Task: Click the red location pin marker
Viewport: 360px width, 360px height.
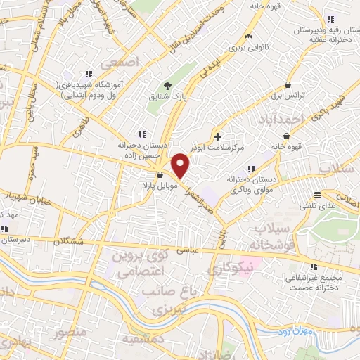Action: click(x=181, y=165)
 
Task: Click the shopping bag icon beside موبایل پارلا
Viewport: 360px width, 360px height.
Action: click(x=160, y=175)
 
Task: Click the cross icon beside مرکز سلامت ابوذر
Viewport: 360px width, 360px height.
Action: click(x=217, y=136)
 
